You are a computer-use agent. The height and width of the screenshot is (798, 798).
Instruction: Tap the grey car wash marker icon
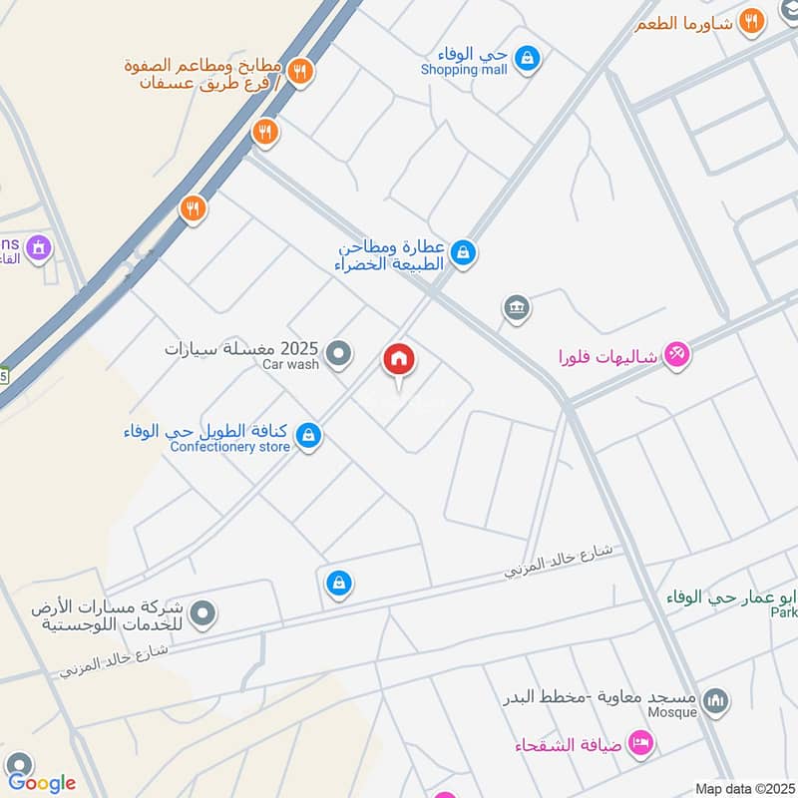[x=339, y=352]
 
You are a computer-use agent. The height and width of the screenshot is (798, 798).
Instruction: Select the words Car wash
[x=290, y=365]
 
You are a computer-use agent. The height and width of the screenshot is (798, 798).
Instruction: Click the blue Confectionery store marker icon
[x=309, y=435]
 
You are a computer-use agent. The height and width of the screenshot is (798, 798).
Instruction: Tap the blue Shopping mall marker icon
[x=528, y=60]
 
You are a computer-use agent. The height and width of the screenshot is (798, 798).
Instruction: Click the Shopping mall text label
[x=464, y=70]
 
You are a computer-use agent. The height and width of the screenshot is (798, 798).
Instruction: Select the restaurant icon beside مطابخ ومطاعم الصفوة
[x=300, y=71]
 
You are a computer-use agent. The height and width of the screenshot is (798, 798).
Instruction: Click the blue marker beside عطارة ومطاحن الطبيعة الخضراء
[x=462, y=254]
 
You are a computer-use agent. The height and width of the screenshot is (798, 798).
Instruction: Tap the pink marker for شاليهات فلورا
[x=676, y=354]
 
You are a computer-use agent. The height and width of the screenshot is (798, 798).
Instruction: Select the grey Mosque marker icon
[x=715, y=703]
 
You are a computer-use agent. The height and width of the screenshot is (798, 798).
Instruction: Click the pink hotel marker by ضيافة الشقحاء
[x=641, y=743]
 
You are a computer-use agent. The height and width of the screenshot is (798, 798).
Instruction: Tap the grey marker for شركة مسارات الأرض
[x=203, y=612]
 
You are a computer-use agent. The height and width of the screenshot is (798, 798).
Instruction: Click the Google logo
[x=41, y=783]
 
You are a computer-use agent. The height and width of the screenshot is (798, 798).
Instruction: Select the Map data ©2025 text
[x=743, y=789]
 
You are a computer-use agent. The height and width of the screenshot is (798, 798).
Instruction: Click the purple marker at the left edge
[x=39, y=246]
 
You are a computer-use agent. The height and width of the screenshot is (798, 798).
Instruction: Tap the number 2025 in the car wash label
[x=299, y=349]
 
